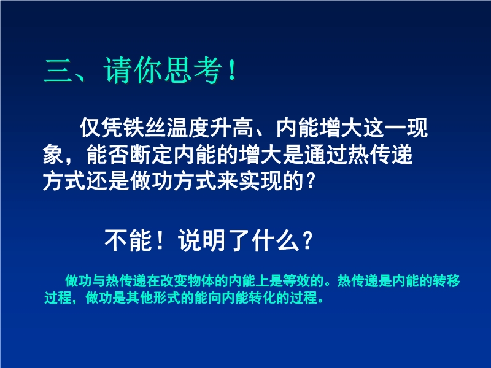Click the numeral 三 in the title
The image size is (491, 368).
tap(58, 71)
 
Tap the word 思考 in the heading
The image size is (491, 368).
tap(192, 71)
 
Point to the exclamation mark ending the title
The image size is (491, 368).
tap(232, 71)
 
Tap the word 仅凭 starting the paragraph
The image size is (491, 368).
tap(101, 128)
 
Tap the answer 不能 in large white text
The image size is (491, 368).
tap(128, 240)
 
